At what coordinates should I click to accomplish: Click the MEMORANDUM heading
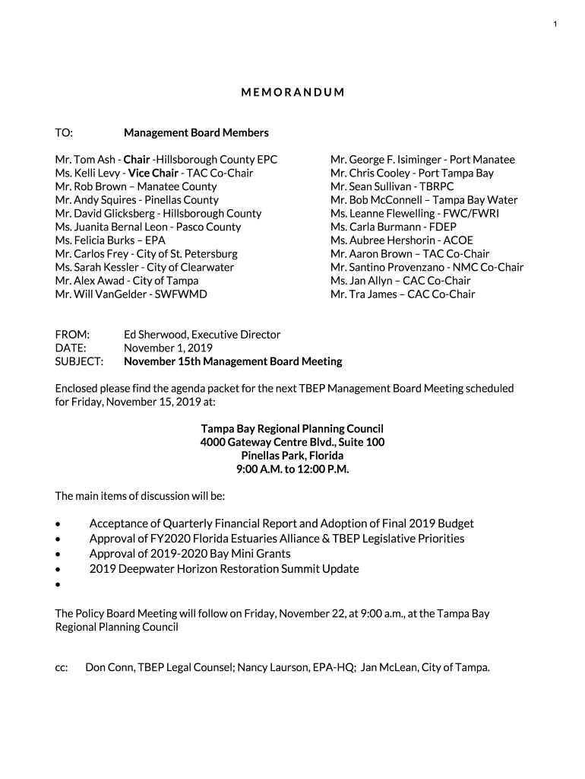pos(292,93)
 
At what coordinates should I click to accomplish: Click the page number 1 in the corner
pos(555,25)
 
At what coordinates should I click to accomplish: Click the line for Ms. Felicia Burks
pos(109,240)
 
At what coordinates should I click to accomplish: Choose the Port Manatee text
pos(482,160)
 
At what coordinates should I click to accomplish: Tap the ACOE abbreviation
pos(458,240)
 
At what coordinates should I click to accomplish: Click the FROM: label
pos(72,335)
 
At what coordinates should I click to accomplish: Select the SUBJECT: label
pos(79,361)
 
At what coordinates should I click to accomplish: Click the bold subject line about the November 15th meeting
pos(233,361)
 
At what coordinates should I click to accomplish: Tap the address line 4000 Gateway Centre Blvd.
pos(292,442)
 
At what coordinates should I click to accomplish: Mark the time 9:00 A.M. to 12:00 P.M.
pos(292,469)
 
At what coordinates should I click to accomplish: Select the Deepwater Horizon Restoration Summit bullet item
pos(224,569)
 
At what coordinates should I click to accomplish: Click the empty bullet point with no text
pos(58,584)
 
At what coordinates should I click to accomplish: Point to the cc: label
pos(62,668)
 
